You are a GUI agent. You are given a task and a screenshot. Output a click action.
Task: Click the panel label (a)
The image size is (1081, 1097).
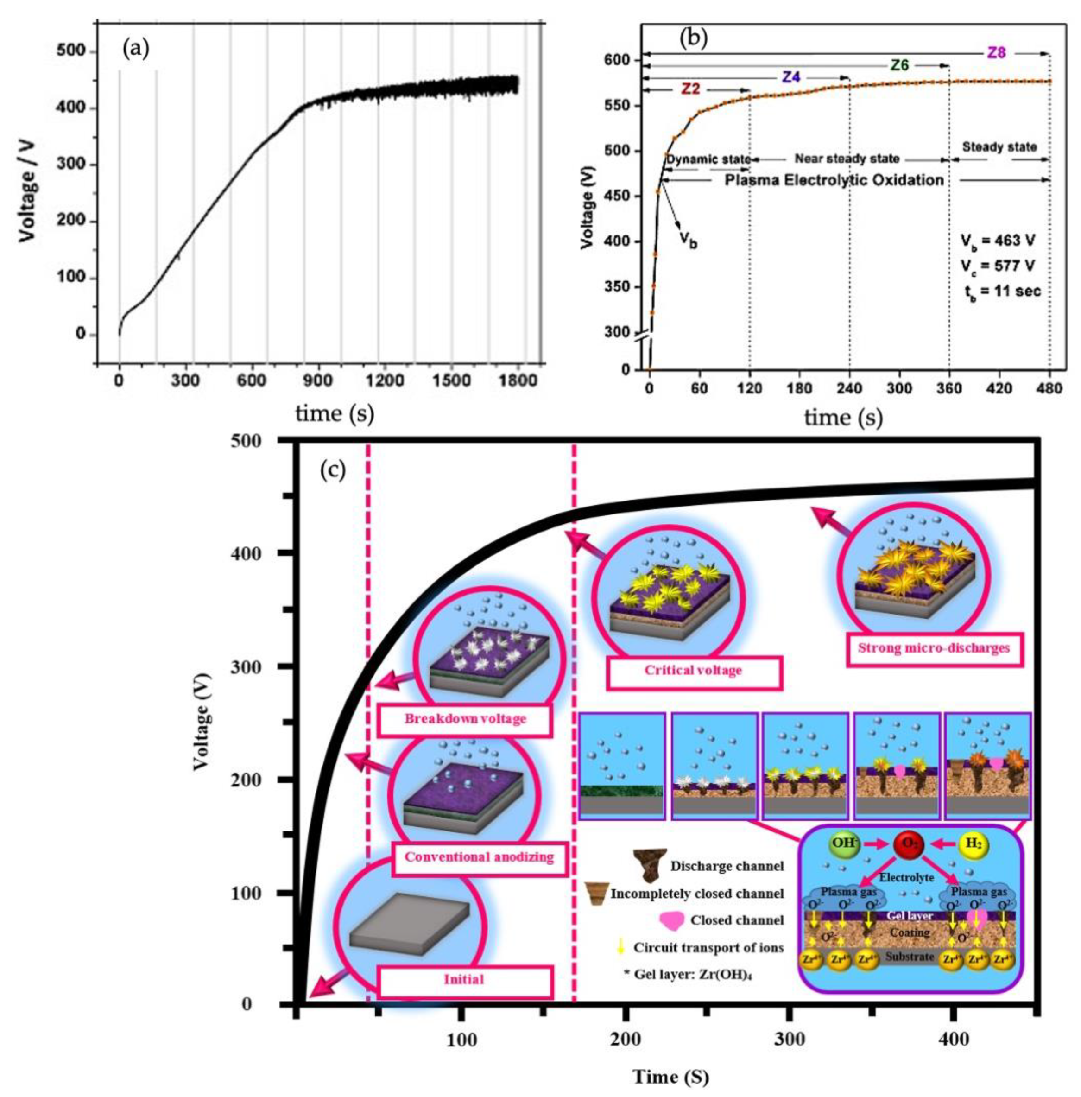click(x=136, y=50)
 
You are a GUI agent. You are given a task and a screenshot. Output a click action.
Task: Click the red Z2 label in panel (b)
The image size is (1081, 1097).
click(x=690, y=89)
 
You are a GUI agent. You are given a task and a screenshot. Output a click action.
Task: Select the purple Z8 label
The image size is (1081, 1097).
click(x=996, y=53)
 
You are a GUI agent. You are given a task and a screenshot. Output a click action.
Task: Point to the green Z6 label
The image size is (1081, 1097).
click(x=899, y=65)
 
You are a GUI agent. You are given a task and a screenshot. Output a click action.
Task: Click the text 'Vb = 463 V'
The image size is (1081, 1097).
click(x=998, y=241)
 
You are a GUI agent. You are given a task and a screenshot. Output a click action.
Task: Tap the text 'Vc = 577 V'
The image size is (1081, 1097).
click(x=998, y=266)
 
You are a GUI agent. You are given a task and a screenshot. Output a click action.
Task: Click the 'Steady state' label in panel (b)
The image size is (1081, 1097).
click(x=999, y=147)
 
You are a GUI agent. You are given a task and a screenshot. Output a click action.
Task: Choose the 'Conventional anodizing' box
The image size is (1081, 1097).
click(x=479, y=857)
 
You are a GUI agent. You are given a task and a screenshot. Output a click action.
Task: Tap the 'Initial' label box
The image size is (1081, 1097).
click(x=464, y=979)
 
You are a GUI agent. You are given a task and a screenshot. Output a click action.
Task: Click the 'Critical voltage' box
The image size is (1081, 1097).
click(x=693, y=671)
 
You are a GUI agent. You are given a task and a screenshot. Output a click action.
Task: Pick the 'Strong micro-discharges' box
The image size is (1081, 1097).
click(x=934, y=648)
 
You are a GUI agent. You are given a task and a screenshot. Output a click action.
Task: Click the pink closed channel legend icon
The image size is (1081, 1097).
click(x=672, y=920)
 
